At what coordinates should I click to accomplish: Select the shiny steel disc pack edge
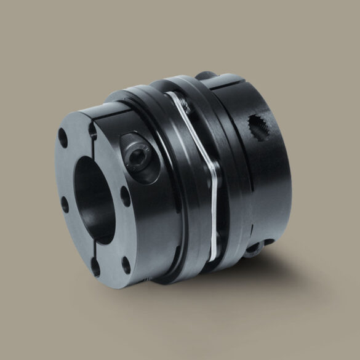(212, 191)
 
